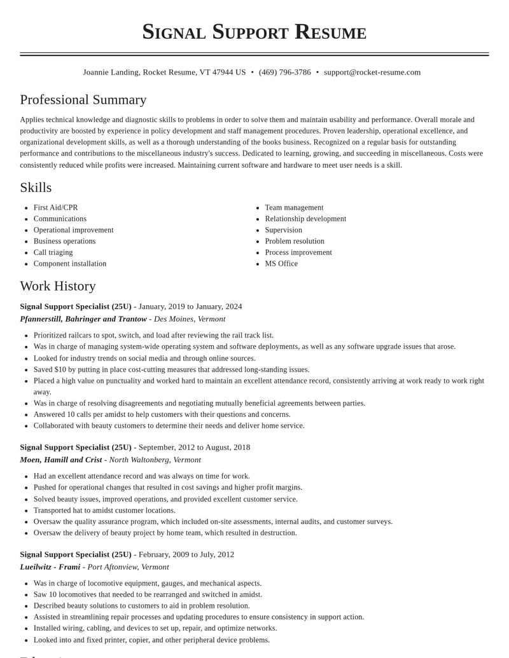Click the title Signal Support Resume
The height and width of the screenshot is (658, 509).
click(254, 32)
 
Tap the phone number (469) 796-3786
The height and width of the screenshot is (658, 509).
click(284, 72)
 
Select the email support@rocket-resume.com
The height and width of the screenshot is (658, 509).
click(372, 72)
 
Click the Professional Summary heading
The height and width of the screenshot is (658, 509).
click(83, 100)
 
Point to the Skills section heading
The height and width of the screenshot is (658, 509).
click(36, 188)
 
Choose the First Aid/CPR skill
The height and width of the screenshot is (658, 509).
click(56, 208)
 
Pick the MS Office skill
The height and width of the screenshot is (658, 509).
click(281, 264)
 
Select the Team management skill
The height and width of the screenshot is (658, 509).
click(294, 208)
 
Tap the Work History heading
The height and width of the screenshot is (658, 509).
click(58, 286)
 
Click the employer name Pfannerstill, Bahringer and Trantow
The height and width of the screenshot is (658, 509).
click(83, 319)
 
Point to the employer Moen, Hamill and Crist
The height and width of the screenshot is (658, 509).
click(61, 460)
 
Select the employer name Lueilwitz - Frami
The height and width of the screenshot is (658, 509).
click(50, 567)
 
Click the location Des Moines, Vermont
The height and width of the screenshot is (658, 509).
click(190, 319)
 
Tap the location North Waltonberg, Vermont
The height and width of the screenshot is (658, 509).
click(155, 460)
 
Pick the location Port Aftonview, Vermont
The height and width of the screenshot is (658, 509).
click(128, 567)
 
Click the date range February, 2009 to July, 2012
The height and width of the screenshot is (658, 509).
click(186, 554)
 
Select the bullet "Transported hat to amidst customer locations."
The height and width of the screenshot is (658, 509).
click(104, 511)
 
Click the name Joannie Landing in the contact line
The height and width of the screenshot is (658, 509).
click(111, 72)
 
